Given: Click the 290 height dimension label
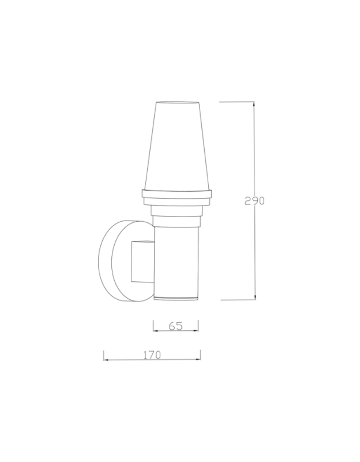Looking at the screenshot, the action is point(254,200).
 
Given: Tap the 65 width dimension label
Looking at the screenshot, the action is point(176,326).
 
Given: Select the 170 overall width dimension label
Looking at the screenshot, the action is point(152,355).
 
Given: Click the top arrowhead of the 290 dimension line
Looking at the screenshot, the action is point(254,104).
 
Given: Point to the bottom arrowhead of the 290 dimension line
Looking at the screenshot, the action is point(255,297).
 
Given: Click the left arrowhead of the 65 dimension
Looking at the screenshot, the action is point(156,331).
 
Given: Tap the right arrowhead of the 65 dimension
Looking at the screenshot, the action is point(196,330).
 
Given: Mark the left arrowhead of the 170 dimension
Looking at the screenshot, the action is point(106,360).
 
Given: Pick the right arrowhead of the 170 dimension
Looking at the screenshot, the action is point(198,359).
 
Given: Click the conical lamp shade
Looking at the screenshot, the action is point(177,146).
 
